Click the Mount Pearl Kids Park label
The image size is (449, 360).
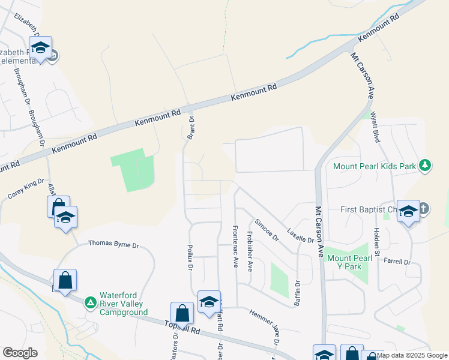375,165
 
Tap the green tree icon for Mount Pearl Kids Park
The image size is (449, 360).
425,165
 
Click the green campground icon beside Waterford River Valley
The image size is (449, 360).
90,302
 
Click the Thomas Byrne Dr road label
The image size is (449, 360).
113,244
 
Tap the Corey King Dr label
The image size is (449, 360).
26,188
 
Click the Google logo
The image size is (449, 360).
20,353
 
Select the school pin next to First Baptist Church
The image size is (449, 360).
408,212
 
